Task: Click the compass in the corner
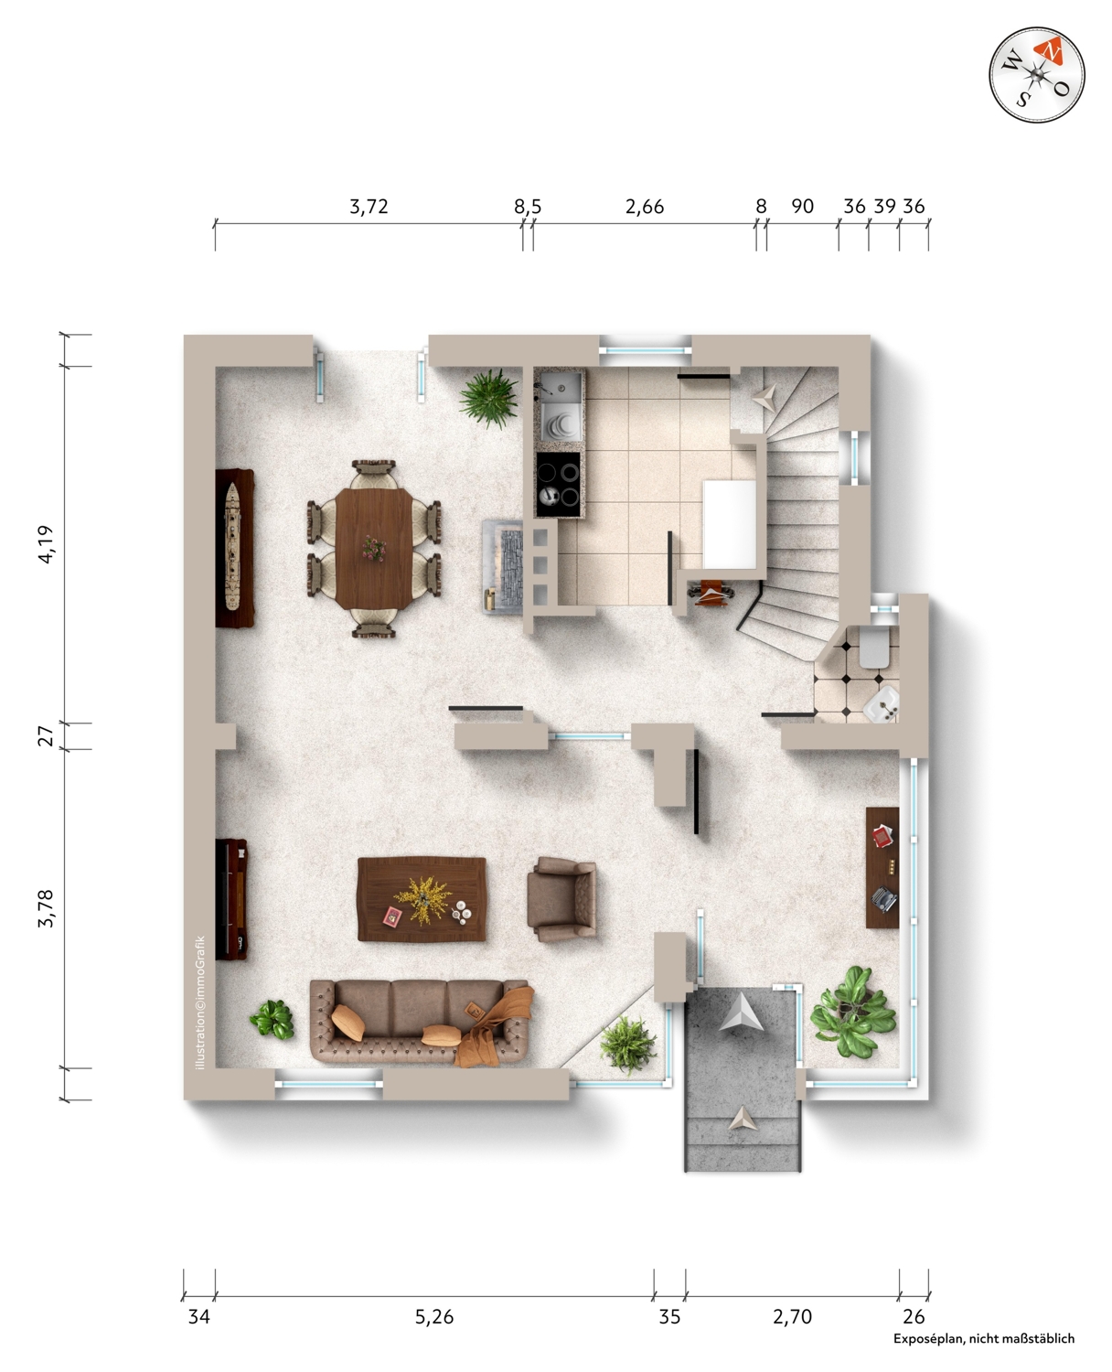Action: (1036, 75)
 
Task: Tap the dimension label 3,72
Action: (369, 207)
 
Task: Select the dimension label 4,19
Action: (46, 544)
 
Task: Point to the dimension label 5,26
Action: (434, 1316)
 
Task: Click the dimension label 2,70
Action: (792, 1316)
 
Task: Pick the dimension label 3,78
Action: (46, 908)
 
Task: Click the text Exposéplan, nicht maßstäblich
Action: (984, 1338)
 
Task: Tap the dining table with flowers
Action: (374, 549)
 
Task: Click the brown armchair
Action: (561, 899)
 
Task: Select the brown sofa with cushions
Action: (421, 1023)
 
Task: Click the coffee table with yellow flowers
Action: (422, 899)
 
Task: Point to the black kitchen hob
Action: (558, 485)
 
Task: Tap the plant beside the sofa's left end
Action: (273, 1019)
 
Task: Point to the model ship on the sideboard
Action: (231, 547)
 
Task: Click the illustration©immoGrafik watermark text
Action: (200, 1002)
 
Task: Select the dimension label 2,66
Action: (645, 207)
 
